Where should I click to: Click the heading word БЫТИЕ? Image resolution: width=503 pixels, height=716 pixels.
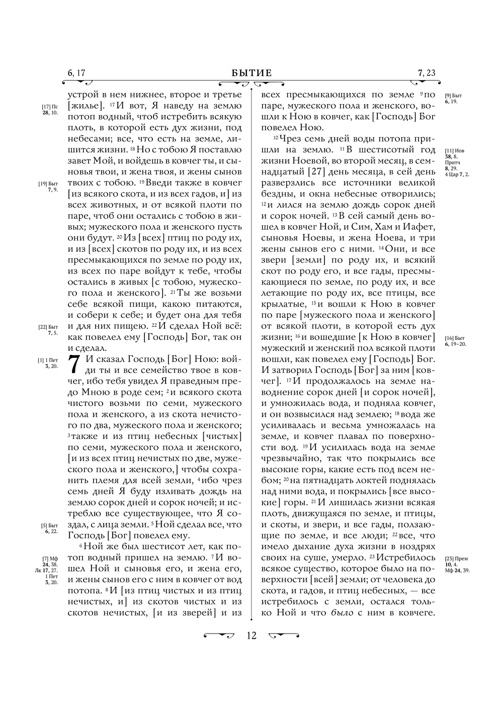coord(251,73)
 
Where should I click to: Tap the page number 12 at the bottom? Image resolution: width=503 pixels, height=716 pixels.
coord(251,636)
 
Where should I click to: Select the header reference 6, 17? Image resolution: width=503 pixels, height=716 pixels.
coord(76,73)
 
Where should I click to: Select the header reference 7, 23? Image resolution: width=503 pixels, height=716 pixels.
coord(426,73)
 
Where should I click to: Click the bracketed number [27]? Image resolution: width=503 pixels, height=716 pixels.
coord(315,172)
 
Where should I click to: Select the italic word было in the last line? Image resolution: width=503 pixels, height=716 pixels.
coord(342,613)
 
